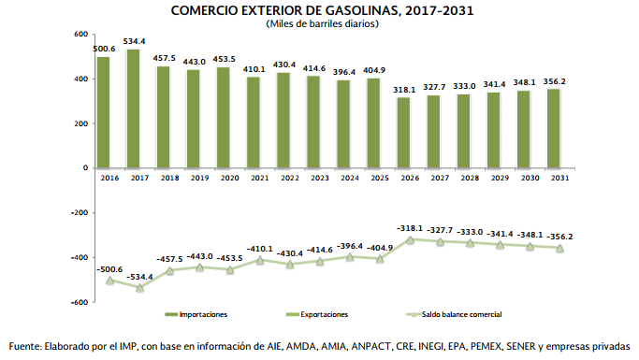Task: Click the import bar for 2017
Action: [133, 108]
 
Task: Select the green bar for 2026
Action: [403, 133]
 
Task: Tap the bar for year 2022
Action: [283, 120]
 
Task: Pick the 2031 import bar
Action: [554, 128]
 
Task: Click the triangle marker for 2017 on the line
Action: [139, 288]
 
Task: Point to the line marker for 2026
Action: [410, 240]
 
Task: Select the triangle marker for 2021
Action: [260, 260]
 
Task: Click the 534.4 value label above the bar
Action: [134, 41]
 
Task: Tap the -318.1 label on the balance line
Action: [410, 228]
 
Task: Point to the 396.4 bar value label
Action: [344, 72]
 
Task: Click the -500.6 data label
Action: [109, 269]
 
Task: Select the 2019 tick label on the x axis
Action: [199, 178]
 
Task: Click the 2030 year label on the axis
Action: [530, 178]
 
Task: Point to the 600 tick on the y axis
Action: [81, 35]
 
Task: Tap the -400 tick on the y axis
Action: [80, 257]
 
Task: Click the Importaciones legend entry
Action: [196, 314]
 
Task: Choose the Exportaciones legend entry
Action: [317, 314]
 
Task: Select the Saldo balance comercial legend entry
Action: [455, 314]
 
